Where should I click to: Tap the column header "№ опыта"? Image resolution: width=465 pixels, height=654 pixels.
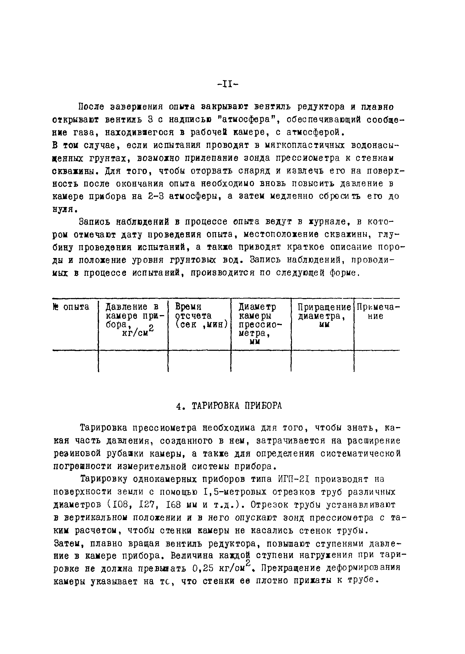[x=71, y=307]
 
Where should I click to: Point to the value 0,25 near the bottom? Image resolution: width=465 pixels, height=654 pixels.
[x=203, y=568]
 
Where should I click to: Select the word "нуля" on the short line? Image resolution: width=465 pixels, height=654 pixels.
[x=64, y=209]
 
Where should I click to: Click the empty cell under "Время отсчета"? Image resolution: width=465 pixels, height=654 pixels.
[x=200, y=361]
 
